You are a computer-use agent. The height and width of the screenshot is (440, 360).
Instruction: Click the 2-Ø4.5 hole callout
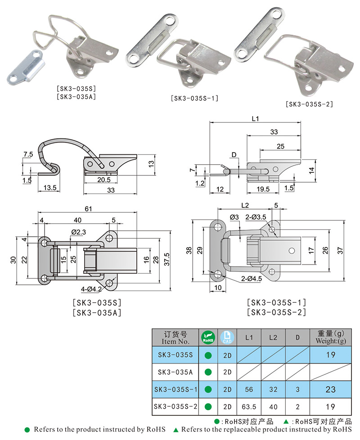coord(238,278)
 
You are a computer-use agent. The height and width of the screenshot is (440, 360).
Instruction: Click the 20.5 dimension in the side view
coord(103,180)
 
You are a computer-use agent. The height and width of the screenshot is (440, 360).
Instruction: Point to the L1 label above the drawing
coord(255,119)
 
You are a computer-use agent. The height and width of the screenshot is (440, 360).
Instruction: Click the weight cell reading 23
coord(330,389)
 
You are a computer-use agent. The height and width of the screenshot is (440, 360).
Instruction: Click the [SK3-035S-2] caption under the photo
coord(309,104)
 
